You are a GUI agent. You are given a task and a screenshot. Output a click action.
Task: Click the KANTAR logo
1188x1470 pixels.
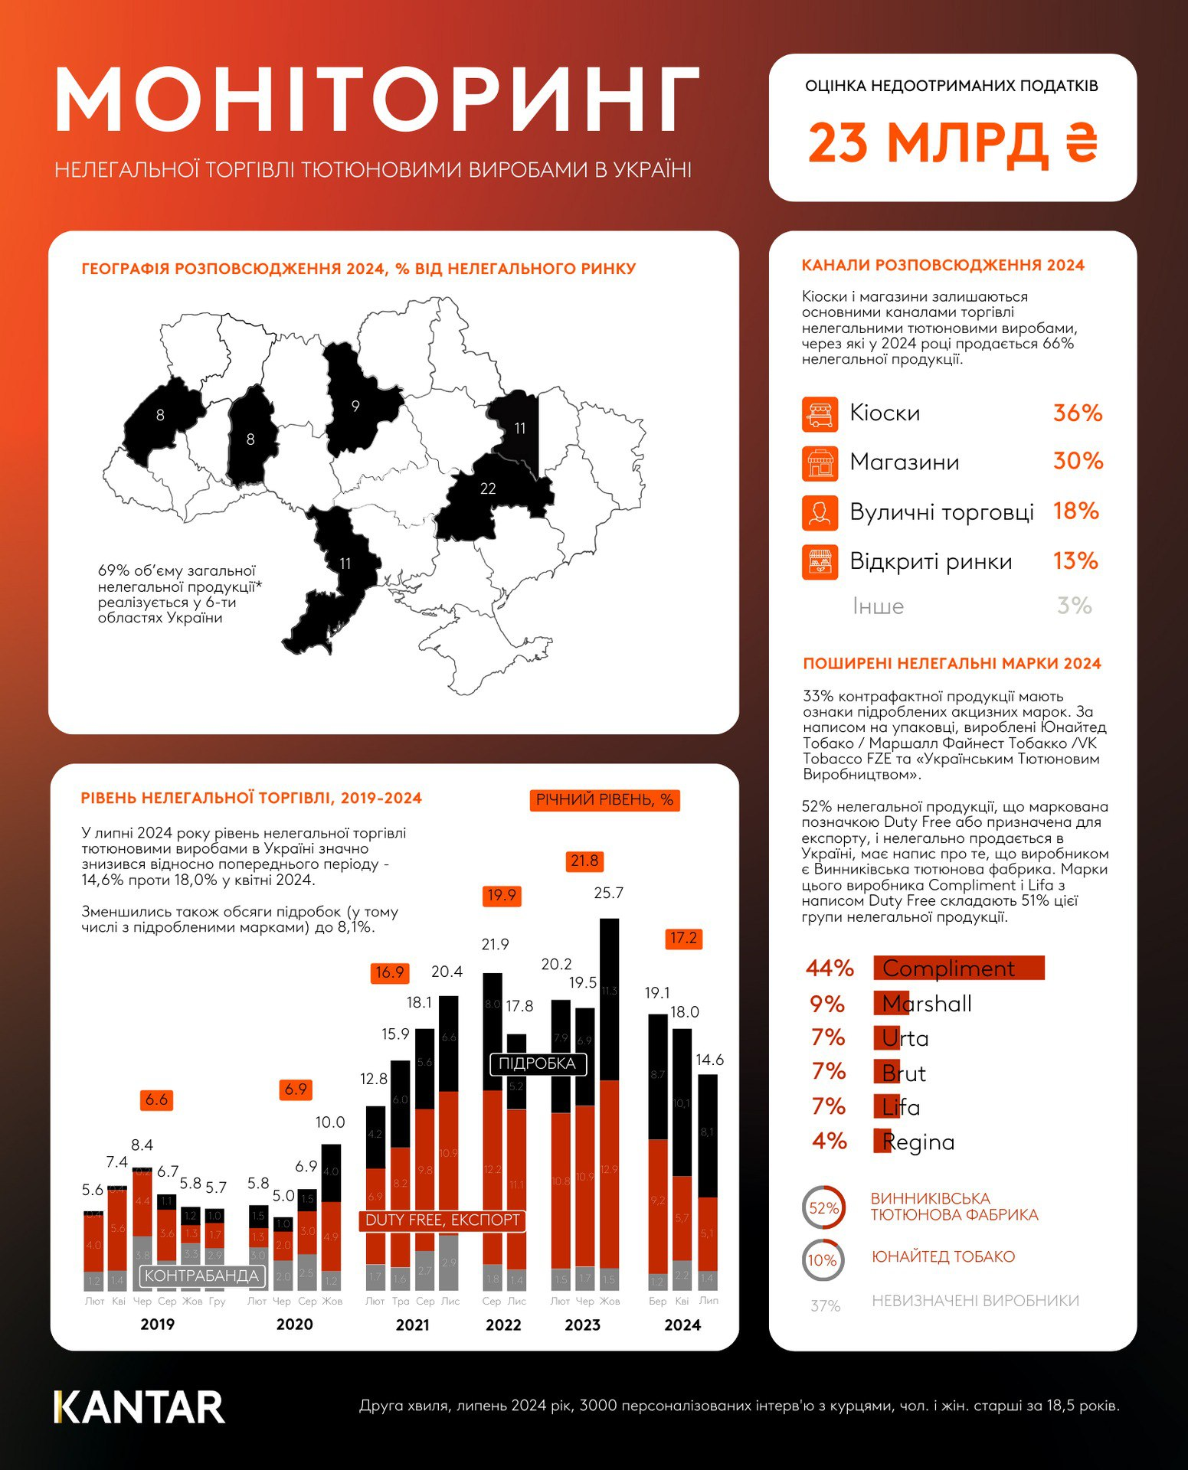tap(139, 1407)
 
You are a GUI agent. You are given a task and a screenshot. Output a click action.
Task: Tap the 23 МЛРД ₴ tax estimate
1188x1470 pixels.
tap(952, 143)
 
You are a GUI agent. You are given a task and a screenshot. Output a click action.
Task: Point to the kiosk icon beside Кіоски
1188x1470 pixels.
tap(820, 413)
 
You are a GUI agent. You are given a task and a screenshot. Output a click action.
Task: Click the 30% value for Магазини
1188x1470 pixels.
tap(1078, 461)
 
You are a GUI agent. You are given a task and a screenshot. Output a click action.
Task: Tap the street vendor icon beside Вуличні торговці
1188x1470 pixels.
tap(820, 512)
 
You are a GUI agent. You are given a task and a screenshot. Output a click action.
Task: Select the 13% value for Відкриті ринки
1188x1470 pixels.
tap(1075, 561)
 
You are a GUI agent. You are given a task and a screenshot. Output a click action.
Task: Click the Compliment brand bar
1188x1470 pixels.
tap(959, 968)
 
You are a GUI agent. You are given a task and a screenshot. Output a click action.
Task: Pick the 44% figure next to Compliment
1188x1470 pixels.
tap(830, 969)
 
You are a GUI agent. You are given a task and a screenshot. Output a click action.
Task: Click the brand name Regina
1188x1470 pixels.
tap(918, 1142)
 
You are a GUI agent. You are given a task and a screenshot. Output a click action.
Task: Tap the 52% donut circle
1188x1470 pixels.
tap(823, 1208)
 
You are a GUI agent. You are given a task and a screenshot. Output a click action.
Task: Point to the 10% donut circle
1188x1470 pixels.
tap(823, 1260)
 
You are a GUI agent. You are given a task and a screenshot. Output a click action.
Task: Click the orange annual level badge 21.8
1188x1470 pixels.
tap(584, 861)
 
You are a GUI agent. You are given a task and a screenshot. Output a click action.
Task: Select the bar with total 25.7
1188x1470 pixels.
tap(610, 1095)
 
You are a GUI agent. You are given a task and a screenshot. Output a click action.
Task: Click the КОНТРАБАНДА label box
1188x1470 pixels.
tap(201, 1276)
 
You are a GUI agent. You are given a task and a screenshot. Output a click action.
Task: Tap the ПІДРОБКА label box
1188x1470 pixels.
tap(537, 1063)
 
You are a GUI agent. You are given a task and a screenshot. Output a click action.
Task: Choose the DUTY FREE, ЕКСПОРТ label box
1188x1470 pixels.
tap(442, 1220)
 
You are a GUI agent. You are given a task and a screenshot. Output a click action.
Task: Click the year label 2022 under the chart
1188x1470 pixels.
tap(503, 1325)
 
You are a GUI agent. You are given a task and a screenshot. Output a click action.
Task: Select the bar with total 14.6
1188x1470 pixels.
tap(709, 1179)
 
